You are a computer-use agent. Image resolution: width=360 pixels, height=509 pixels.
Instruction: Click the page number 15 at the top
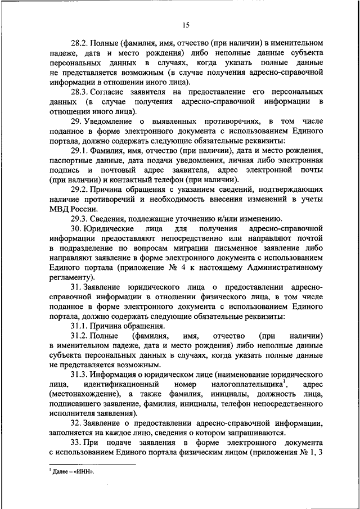tap(186, 24)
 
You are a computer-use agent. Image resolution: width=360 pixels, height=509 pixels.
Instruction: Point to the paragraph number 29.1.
tap(79, 151)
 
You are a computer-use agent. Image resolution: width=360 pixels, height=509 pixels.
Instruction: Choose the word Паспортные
tap(70, 161)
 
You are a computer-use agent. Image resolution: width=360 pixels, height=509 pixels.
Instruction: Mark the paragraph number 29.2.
tap(79, 190)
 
